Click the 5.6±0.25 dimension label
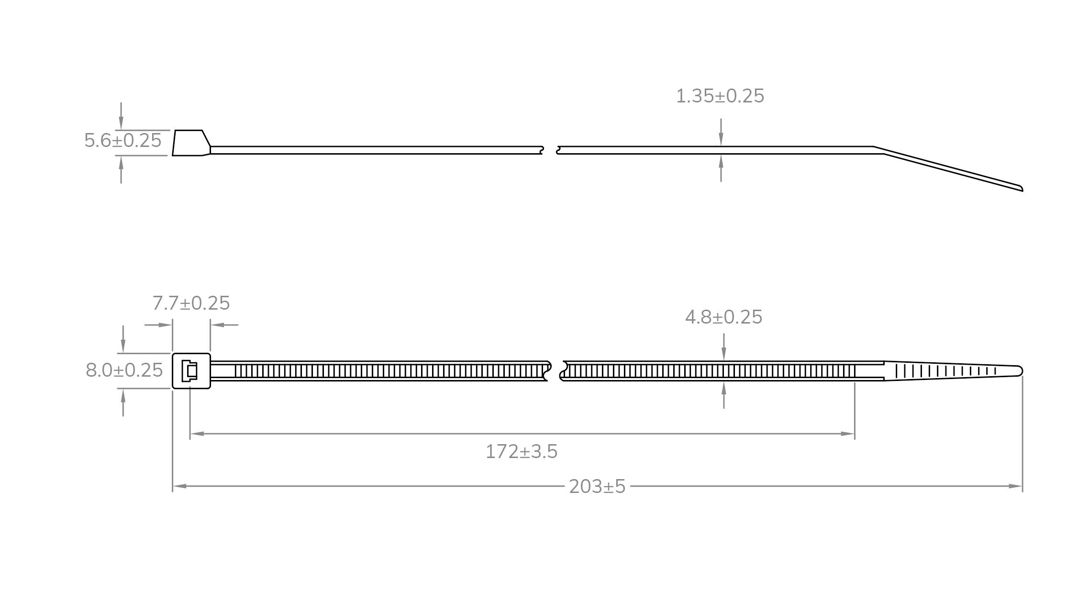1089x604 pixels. pos(123,141)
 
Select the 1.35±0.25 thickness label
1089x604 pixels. pos(720,96)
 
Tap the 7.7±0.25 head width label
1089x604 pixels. pos(191,303)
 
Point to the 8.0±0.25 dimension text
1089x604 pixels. pos(124,370)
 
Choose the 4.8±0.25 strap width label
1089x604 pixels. pos(723,317)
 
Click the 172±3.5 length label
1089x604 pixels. pos(522,452)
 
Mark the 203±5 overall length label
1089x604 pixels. pos(597,487)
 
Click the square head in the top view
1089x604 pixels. pos(191,371)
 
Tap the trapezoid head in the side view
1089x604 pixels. pos(191,143)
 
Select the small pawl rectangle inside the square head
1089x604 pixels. pos(192,371)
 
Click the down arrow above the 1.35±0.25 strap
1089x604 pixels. pos(721,138)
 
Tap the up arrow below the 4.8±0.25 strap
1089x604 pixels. pos(724,389)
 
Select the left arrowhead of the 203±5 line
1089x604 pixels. pos(179,486)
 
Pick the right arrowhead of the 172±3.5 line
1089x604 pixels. pos(847,434)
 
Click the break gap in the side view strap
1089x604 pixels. pos(550,150)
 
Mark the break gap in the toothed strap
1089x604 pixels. pos(555,371)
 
